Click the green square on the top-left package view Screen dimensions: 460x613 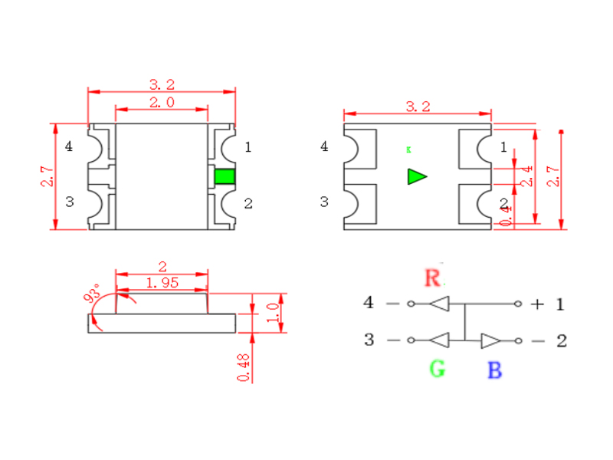[x=225, y=176]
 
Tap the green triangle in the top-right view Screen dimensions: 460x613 [x=416, y=176]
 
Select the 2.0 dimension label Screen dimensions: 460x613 [x=161, y=102]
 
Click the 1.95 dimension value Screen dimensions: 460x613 [x=162, y=283]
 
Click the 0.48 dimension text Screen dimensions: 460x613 [x=244, y=367]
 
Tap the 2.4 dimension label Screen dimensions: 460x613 [x=526, y=176]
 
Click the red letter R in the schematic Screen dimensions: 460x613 [x=433, y=278]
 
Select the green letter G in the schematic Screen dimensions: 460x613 [x=437, y=370]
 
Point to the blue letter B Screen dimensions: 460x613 [x=495, y=372]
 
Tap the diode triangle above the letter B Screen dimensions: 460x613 [x=490, y=340]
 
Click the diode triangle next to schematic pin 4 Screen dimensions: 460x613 [x=438, y=304]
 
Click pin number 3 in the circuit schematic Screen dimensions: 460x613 [x=369, y=340]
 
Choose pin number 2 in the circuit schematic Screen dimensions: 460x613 [x=561, y=341]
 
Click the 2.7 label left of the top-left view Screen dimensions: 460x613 [x=47, y=177]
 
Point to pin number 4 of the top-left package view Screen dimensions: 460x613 [x=70, y=146]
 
